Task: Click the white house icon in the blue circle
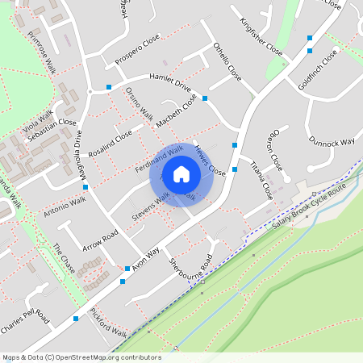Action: [x=181, y=174]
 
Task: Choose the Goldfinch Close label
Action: [x=318, y=69]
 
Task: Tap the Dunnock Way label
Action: [x=331, y=142]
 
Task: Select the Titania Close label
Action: [x=262, y=180]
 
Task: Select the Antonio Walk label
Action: [x=63, y=208]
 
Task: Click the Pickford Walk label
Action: [x=109, y=323]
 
